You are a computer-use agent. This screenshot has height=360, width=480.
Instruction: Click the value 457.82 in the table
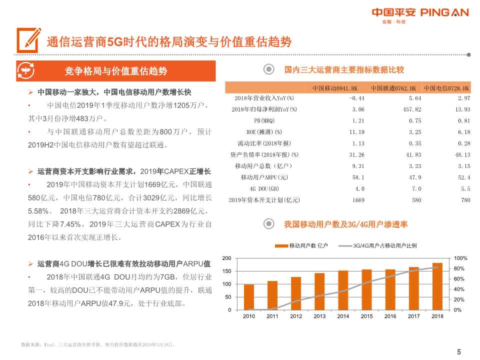point(411,109)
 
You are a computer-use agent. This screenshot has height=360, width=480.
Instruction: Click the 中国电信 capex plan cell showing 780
point(465,200)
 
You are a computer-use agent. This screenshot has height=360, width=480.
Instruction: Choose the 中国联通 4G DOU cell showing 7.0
point(415,188)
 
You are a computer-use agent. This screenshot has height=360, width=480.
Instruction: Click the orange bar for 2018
point(437,286)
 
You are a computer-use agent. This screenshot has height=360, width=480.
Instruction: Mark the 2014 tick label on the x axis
point(343,316)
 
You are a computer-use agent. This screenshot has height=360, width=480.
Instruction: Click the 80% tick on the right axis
point(460,268)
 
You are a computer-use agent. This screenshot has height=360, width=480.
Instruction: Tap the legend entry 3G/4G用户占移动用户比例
point(380,246)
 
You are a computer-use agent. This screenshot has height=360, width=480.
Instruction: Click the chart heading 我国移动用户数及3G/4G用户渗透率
point(345,225)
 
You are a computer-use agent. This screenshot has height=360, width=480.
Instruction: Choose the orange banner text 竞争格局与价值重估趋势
point(116,71)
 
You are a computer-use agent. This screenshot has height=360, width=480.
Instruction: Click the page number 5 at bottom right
point(459,352)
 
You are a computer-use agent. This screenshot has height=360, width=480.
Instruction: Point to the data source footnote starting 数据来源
point(97,344)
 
